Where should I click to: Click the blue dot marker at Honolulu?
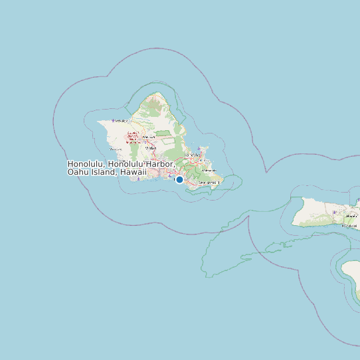point(179,179)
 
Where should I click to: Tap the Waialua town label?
point(120,120)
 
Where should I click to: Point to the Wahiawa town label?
point(149,136)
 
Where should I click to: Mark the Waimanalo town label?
point(210,182)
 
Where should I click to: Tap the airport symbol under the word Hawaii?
point(139,178)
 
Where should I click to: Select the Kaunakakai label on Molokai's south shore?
point(348,226)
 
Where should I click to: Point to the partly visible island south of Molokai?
point(351,279)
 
